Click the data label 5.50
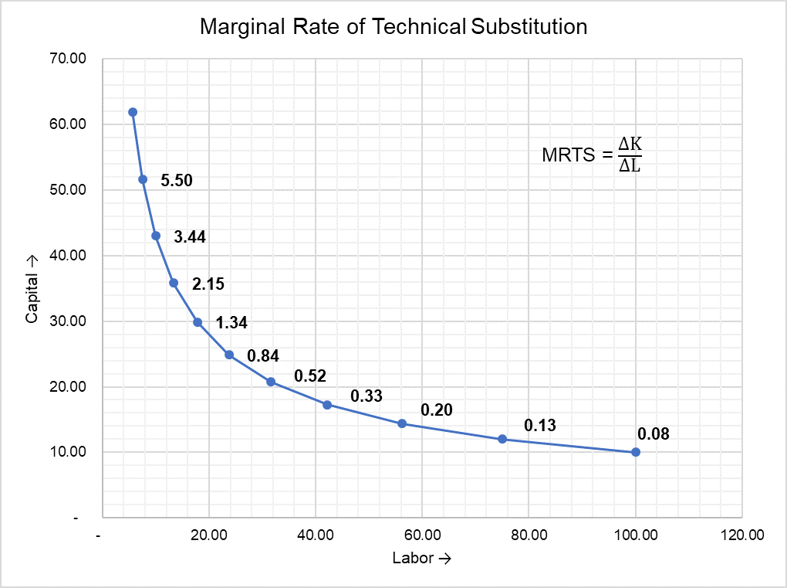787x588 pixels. (x=176, y=181)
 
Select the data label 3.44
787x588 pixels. (x=190, y=237)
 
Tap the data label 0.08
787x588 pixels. (x=654, y=434)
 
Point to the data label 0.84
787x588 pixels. (x=262, y=356)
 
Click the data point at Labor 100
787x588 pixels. (x=635, y=452)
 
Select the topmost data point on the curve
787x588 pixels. (x=133, y=112)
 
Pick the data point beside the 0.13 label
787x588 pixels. (x=502, y=439)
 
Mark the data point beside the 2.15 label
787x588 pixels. (x=174, y=283)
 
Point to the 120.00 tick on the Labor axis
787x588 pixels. (x=741, y=535)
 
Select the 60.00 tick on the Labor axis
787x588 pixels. (x=422, y=535)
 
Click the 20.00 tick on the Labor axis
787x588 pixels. (x=208, y=535)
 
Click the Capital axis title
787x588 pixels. (x=32, y=289)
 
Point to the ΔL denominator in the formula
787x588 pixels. (x=630, y=165)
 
